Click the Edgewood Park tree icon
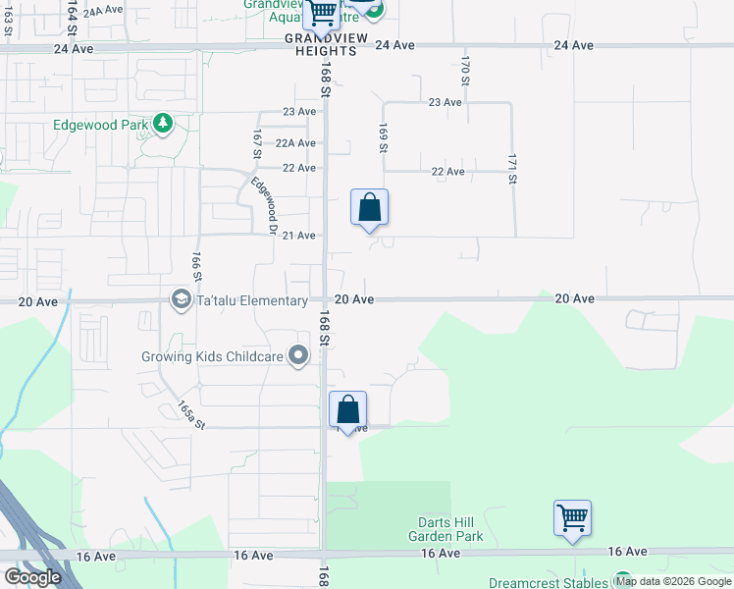tap(163, 125)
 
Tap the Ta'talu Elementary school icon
tap(181, 297)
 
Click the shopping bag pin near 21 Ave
tap(369, 208)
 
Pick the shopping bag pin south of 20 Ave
tap(347, 410)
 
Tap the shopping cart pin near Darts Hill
tap(572, 518)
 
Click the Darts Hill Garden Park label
tap(446, 530)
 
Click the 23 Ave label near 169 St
tap(445, 102)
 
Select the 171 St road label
tap(512, 168)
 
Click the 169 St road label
tap(383, 137)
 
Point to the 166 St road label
tap(196, 266)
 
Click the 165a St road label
tap(191, 414)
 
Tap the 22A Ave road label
tap(295, 143)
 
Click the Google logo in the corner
tap(32, 577)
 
